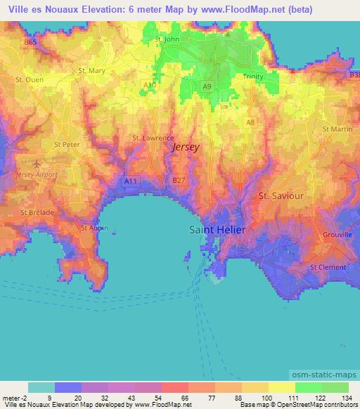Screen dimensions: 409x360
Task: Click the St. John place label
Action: [167, 39]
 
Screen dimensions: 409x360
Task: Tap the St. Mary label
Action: [92, 70]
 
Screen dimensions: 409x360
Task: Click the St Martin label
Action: [337, 129]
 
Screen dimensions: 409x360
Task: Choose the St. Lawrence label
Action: [153, 138]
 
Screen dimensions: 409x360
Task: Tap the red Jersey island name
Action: [186, 148]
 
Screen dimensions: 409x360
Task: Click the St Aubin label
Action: [94, 227]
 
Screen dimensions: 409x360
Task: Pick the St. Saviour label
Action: [281, 195]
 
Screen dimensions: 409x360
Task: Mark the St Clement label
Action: [328, 267]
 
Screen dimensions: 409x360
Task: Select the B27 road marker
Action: [179, 180]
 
